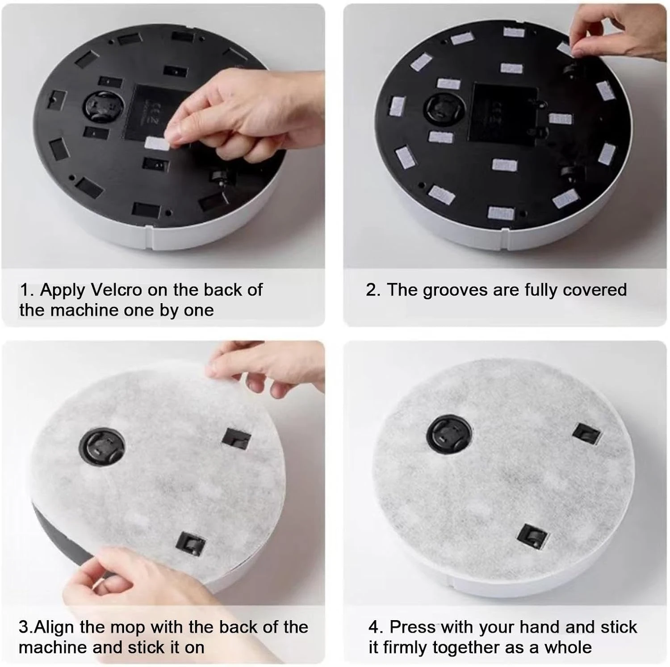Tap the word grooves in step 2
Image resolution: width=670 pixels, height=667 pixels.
click(x=455, y=291)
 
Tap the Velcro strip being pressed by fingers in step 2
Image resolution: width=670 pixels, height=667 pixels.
click(x=569, y=49)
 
